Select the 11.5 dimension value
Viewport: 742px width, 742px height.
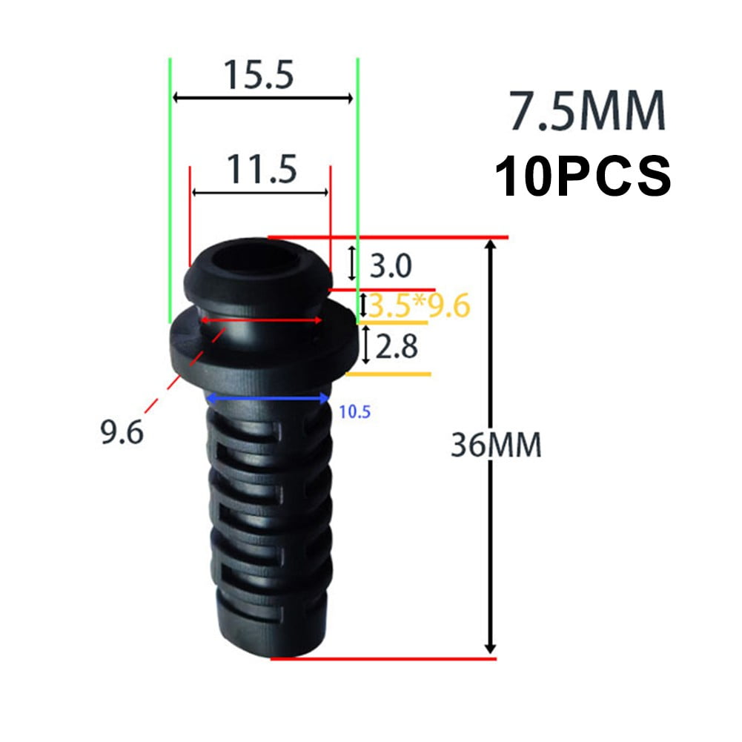point(261,170)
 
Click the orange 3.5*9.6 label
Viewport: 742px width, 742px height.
point(420,306)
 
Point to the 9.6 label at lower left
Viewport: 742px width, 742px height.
point(122,431)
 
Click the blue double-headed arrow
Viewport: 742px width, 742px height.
point(268,399)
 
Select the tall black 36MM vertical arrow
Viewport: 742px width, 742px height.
point(488,445)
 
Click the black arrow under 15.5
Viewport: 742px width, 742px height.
point(262,97)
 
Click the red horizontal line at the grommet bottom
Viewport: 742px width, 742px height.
point(382,657)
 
